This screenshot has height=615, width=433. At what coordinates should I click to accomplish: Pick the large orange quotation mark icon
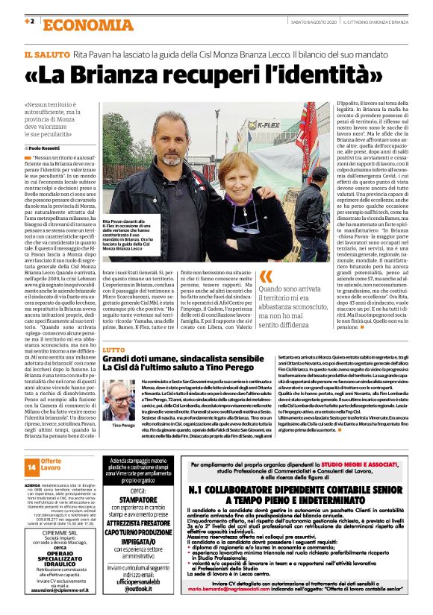pos(266,276)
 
